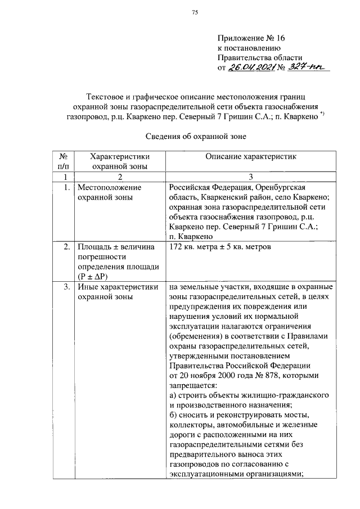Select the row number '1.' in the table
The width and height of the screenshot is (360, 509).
click(x=66, y=187)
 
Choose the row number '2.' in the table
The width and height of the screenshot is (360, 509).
click(x=66, y=247)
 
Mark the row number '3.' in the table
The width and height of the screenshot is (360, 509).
click(x=66, y=287)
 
